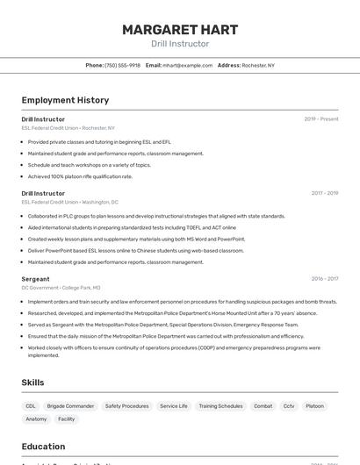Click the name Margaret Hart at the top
[x=180, y=30]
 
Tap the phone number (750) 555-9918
[x=122, y=65]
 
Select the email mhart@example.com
[x=187, y=65]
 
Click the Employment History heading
[x=65, y=100]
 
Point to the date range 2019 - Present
[x=321, y=118]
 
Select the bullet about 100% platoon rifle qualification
[x=80, y=176]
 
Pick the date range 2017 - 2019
[x=324, y=193]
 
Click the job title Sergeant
[x=35, y=279]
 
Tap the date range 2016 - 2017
[x=324, y=279]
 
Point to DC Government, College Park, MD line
[x=61, y=288]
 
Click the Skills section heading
[x=33, y=383]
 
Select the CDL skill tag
[x=31, y=406]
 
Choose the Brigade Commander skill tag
[x=70, y=406]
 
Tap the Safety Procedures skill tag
[x=127, y=406]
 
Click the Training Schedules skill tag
[x=220, y=406]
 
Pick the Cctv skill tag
[x=289, y=406]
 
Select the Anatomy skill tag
[x=36, y=419]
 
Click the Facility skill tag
[x=67, y=419]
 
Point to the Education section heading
[x=44, y=447]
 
